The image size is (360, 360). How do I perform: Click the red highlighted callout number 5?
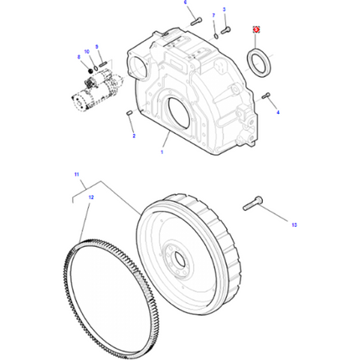[257, 30]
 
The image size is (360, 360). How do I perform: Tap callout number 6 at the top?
[186, 4]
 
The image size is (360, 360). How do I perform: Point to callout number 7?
[213, 16]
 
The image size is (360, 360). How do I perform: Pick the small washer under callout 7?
[215, 33]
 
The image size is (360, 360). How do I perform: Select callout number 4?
[278, 111]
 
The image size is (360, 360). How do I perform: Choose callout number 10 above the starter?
[85, 52]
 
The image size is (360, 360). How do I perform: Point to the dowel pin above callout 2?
[129, 113]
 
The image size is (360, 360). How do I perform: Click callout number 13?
[293, 224]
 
